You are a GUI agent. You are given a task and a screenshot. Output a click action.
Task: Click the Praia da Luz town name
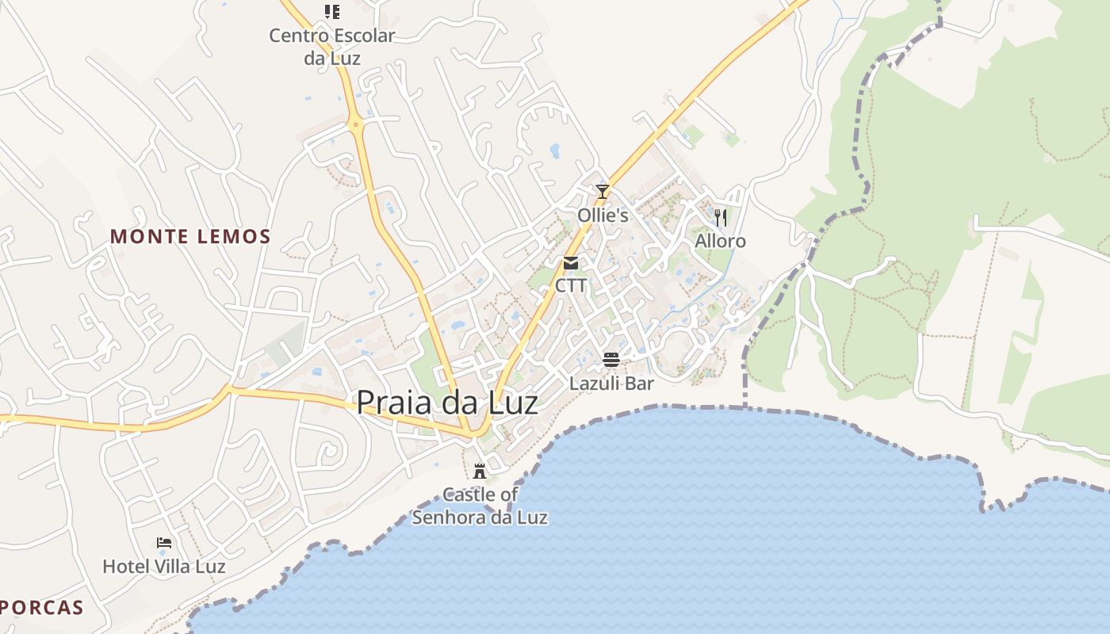pos(446,403)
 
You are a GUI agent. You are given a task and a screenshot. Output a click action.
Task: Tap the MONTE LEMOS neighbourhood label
pos(190,236)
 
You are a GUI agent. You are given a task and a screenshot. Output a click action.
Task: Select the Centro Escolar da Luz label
pos(331,47)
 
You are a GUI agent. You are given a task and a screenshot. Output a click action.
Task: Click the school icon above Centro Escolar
pos(332,12)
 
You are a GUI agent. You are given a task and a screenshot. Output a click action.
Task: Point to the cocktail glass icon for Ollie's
pos(603,192)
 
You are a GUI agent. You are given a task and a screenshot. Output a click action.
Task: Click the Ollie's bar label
pos(603,216)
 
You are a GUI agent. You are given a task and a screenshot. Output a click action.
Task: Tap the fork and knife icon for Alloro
pos(720,218)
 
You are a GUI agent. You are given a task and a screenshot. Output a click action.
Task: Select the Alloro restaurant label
pos(720,241)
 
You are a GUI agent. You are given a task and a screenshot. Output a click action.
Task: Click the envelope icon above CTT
pos(571,263)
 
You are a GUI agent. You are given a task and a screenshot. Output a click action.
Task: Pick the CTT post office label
pos(571,285)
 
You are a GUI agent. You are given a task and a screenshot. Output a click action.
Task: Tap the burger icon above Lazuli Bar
pos(610,360)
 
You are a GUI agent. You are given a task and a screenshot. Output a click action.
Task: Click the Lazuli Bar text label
pos(611,384)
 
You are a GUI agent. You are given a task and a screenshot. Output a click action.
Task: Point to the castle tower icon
pos(479,471)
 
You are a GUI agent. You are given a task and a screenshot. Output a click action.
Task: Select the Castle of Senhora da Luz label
pos(480,506)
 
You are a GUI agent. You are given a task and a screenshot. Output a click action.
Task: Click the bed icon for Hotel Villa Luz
pos(164,543)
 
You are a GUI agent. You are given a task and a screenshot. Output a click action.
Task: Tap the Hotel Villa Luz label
pos(164,567)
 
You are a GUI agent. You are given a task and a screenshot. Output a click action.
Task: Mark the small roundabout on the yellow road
pos(356,124)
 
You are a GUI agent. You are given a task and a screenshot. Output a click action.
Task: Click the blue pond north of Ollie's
pos(554,150)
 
